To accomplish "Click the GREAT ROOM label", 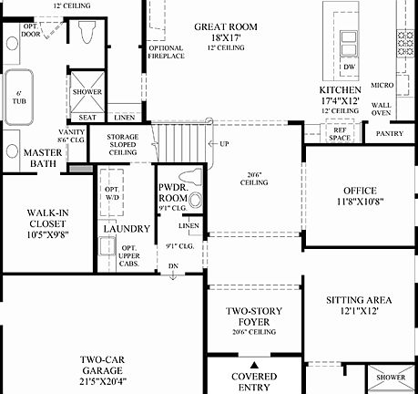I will [x=229, y=26].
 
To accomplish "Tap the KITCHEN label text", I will [x=339, y=90].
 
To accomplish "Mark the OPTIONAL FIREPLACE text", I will [x=165, y=52].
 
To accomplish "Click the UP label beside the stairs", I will [x=222, y=144].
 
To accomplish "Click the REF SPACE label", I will [x=340, y=134].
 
